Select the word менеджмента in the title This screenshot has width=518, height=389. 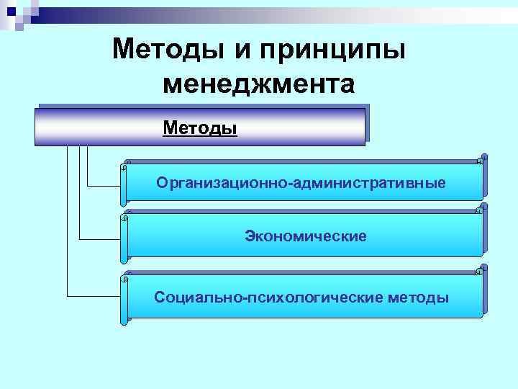[259, 84]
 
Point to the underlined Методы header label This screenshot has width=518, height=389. [200, 128]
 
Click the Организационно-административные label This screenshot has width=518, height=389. [301, 183]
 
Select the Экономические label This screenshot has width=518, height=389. [306, 236]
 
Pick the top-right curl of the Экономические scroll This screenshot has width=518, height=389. [483, 209]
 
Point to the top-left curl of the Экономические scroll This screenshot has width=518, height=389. [126, 215]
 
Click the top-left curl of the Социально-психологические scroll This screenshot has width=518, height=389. [126, 276]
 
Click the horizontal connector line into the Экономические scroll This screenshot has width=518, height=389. [101, 238]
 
